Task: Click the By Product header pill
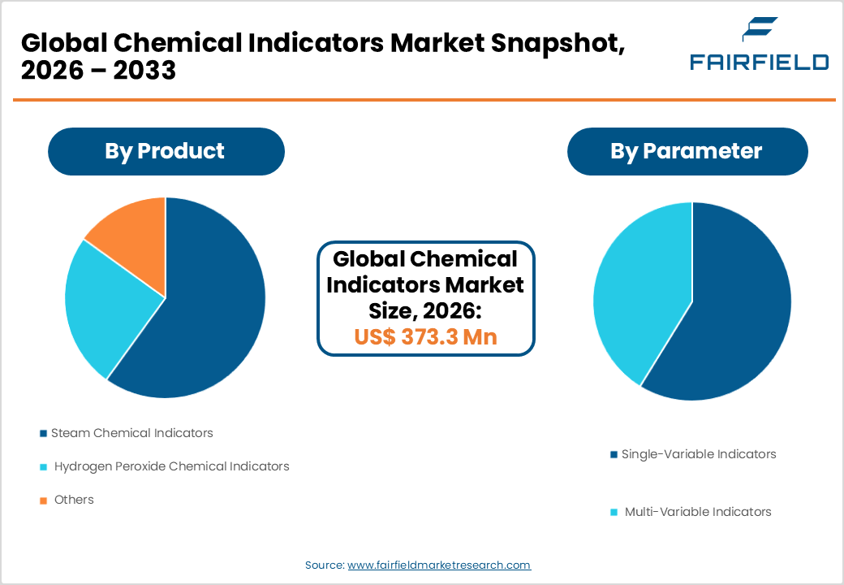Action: click(166, 151)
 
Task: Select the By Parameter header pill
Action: click(687, 151)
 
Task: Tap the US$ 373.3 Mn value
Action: click(425, 336)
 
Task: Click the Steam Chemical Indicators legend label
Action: click(131, 433)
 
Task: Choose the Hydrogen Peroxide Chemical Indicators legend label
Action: click(171, 466)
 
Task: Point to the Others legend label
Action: click(74, 500)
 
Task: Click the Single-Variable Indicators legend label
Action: click(699, 454)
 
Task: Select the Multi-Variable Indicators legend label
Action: click(698, 512)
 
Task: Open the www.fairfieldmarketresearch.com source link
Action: click(439, 565)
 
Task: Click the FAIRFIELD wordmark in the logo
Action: click(759, 63)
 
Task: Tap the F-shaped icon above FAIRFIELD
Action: click(760, 30)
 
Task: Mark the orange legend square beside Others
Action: click(43, 500)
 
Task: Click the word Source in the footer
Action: click(324, 565)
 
